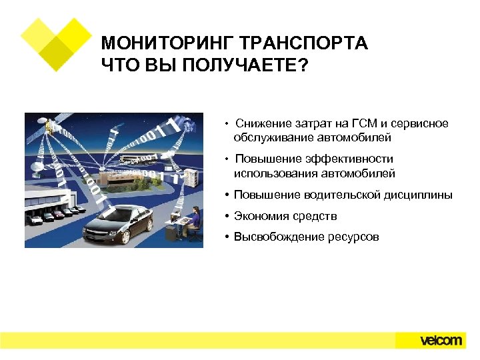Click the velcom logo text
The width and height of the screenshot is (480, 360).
441,340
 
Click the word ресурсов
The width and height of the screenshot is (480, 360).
353,237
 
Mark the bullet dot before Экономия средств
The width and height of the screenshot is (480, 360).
227,216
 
